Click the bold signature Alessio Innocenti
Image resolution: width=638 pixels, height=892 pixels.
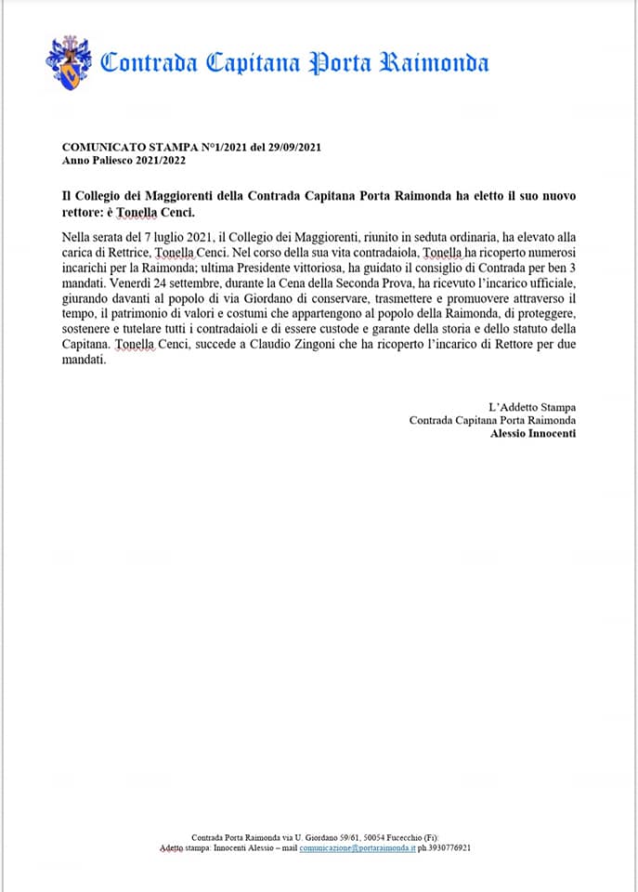(532, 434)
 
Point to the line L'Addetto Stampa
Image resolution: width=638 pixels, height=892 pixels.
(531, 407)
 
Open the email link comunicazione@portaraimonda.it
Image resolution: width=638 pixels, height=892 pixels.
(357, 848)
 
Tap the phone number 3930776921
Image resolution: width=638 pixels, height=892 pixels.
(455, 848)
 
